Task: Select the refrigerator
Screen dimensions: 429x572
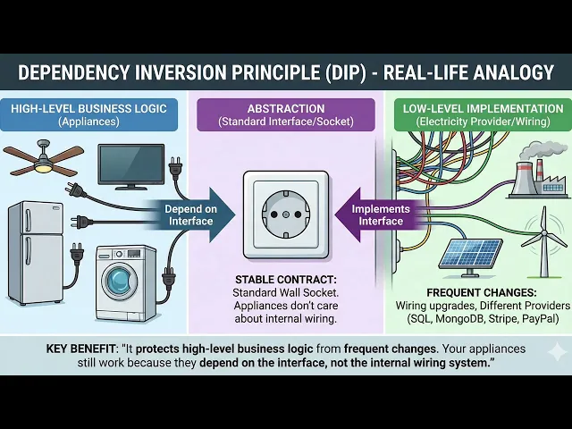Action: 35,251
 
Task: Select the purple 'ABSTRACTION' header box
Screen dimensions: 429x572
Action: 286,114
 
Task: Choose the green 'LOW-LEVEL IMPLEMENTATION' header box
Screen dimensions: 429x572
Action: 482,114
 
